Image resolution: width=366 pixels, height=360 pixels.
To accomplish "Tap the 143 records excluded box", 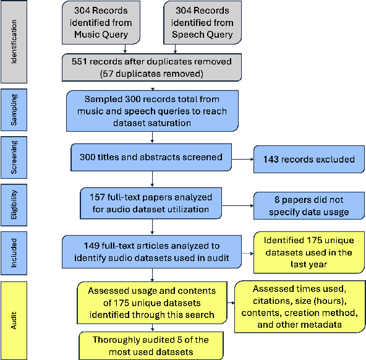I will point(309,160).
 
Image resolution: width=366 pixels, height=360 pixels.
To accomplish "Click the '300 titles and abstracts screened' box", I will point(150,157).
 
